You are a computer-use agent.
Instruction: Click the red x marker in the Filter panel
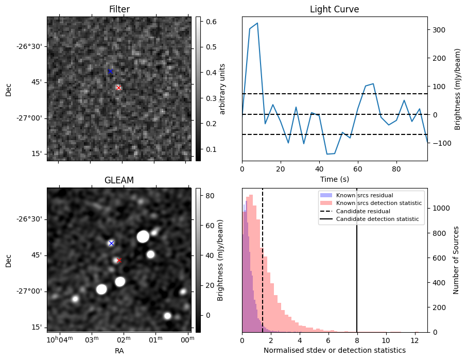[118, 88]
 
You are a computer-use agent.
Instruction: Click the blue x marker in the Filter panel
[110, 72]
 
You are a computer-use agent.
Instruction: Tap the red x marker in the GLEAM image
[119, 261]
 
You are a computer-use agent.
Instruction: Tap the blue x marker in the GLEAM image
[111, 243]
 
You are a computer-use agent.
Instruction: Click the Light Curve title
[334, 10]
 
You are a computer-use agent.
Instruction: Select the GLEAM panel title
[119, 180]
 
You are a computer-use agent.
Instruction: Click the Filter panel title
[119, 10]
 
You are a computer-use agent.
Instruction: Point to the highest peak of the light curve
[257, 23]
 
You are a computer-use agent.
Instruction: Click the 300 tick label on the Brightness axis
[437, 30]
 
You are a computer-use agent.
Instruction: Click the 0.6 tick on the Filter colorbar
[211, 22]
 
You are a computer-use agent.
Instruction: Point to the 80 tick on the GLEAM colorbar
[209, 196]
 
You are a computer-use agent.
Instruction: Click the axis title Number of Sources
[456, 260]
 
